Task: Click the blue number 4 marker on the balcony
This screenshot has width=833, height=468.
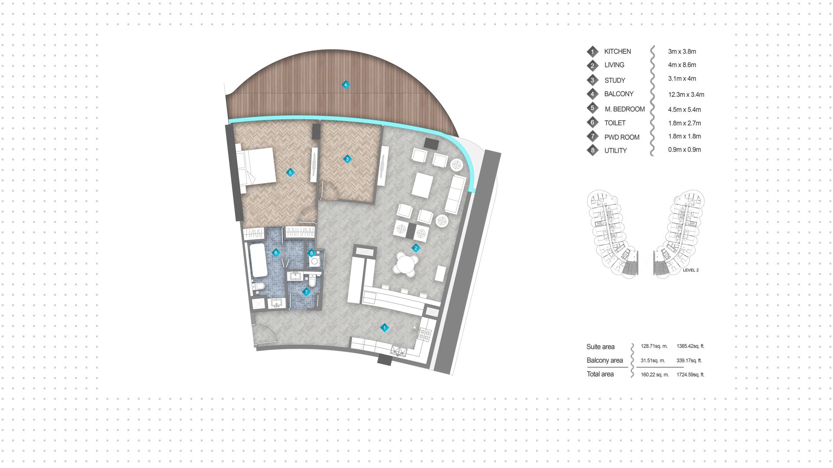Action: coord(345,85)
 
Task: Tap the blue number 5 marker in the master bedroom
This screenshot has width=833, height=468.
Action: coord(290,172)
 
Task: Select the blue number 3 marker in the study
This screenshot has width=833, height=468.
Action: coord(347,159)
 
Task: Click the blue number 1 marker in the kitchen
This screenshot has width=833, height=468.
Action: coord(384,328)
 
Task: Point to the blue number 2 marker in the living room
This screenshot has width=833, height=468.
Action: coord(416,248)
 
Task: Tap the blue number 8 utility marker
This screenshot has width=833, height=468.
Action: coord(311,253)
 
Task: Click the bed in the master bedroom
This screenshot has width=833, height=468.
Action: coord(256,166)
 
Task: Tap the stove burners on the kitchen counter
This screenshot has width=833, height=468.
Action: coord(424,334)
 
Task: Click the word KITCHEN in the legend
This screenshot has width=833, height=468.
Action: coord(617,51)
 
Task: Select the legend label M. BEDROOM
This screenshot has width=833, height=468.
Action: coord(624,109)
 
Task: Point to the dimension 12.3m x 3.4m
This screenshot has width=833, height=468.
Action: coord(686,94)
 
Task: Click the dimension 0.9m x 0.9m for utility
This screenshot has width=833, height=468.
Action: coord(684,149)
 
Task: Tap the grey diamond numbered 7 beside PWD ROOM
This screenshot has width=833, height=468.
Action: coord(593,136)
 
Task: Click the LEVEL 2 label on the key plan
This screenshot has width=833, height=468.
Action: coord(691,270)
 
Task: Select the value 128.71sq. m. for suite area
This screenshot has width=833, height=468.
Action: coord(653,346)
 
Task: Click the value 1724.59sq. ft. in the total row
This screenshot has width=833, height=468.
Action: coord(690,374)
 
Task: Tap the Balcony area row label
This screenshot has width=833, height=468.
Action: coord(604,360)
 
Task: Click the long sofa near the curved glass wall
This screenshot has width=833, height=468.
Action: coord(456,194)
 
